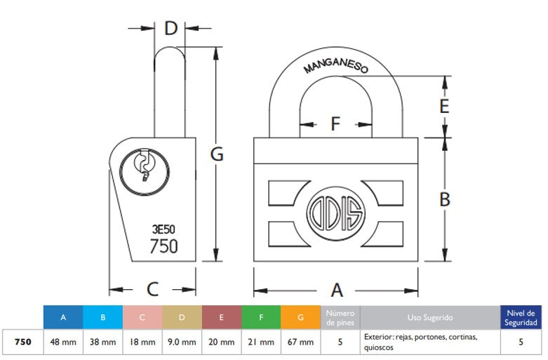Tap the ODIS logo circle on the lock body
coord(335,209)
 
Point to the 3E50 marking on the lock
coord(163,228)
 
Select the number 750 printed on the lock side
coord(163,246)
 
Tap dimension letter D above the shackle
coord(171,29)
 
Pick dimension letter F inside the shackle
coord(335,125)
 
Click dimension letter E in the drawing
coord(443,107)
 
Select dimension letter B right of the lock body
coord(444,199)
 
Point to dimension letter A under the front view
coord(336,290)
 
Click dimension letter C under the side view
coord(152,289)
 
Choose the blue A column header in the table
coord(63,318)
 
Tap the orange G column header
coord(300,318)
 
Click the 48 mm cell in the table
coord(63,342)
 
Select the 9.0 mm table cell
coord(182,342)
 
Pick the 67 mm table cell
coord(300,342)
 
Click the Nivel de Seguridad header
coord(521,318)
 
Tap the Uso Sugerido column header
coord(429,318)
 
